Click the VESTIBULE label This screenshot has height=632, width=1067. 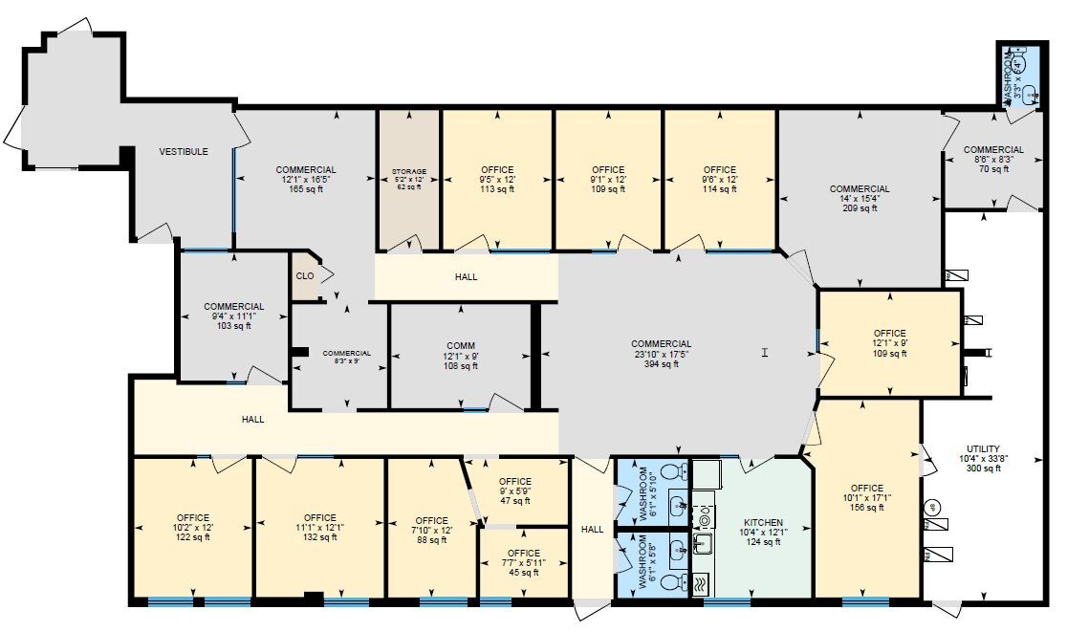pos(184,152)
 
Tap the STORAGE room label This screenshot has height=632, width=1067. pos(408,172)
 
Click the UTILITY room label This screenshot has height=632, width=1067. pos(983,449)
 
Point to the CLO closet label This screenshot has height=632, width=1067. pos(305,276)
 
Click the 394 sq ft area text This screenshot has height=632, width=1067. pos(662,364)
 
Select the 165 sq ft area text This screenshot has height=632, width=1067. pos(306,189)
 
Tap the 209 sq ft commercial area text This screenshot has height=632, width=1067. pos(860,208)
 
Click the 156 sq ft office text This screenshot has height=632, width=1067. pos(867,508)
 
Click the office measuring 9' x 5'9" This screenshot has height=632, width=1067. pos(514,490)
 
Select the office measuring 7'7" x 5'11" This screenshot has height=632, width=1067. pos(523,563)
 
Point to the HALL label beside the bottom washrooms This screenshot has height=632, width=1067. pos(593,530)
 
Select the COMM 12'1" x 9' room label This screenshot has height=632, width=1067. pos(461,346)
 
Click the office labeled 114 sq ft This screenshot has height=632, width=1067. pos(719,189)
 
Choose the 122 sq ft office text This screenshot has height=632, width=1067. pos(192,537)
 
